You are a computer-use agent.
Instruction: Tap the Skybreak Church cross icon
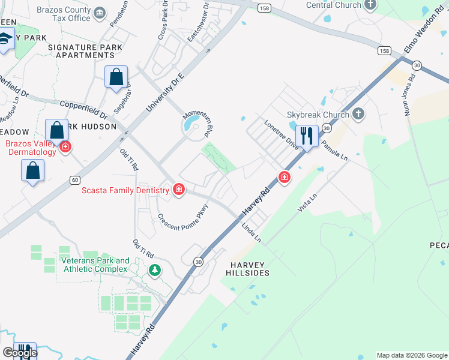(x=358, y=114)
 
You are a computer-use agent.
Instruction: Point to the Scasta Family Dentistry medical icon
(x=178, y=190)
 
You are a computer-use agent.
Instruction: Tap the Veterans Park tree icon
(x=155, y=270)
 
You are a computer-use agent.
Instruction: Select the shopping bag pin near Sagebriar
(x=116, y=77)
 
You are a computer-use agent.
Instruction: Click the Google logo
(x=20, y=353)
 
